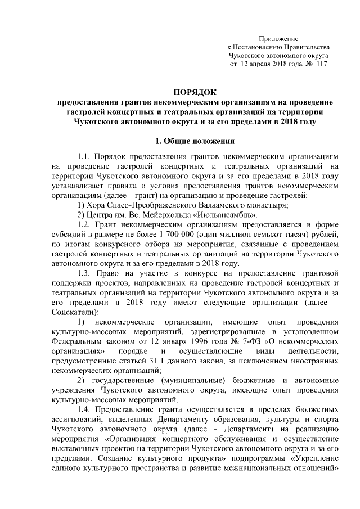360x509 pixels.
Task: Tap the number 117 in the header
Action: (x=321, y=65)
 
